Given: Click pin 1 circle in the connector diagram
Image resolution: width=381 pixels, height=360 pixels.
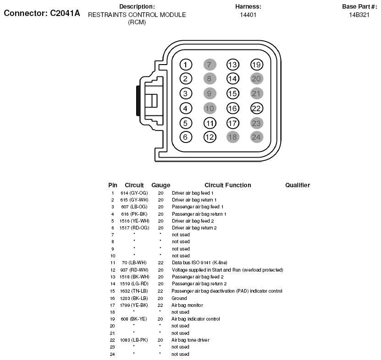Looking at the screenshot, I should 185,65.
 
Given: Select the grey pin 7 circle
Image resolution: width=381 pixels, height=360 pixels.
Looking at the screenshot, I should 209,65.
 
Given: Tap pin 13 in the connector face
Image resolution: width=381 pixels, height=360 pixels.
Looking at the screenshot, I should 233,65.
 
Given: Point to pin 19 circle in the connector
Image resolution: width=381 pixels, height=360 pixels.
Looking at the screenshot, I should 257,65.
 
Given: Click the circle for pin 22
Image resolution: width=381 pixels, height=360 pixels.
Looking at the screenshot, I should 257,109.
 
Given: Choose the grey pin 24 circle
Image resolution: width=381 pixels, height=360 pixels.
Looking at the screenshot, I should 257,136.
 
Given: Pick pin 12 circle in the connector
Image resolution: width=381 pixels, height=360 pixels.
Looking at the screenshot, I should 210,136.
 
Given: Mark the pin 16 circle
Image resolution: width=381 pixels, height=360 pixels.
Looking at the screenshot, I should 233,109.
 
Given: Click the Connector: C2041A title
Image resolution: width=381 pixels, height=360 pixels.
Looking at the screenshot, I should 42,13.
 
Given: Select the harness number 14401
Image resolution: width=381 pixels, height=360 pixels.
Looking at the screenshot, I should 248,15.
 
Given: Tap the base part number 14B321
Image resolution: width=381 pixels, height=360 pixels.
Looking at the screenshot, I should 359,15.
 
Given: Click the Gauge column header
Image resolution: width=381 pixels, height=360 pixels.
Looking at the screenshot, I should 160,185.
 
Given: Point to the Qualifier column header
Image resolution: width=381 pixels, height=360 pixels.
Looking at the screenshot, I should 298,185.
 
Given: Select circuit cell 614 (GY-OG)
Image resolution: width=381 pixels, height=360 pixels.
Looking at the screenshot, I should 134,193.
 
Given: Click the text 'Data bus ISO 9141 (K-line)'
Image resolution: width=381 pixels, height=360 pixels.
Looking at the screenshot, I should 199,262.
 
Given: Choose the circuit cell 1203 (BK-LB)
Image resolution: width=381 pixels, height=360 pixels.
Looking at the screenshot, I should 134,298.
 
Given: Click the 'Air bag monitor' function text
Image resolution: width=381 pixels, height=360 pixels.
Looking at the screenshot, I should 187,305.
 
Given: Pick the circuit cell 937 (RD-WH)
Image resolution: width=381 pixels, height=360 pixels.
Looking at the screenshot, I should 134,270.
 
